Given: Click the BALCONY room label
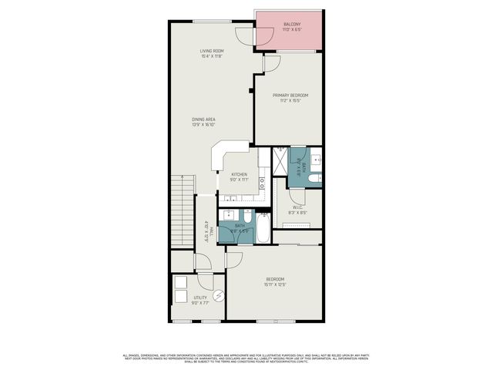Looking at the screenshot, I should [x=291, y=25].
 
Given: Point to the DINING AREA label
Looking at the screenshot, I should [x=204, y=119].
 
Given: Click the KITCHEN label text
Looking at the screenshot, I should [x=239, y=175].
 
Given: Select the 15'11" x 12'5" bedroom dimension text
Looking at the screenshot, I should [x=275, y=285].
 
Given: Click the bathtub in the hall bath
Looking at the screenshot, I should [x=263, y=228].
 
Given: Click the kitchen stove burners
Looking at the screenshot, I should [x=261, y=184].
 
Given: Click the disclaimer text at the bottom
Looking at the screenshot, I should [x=246, y=357].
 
